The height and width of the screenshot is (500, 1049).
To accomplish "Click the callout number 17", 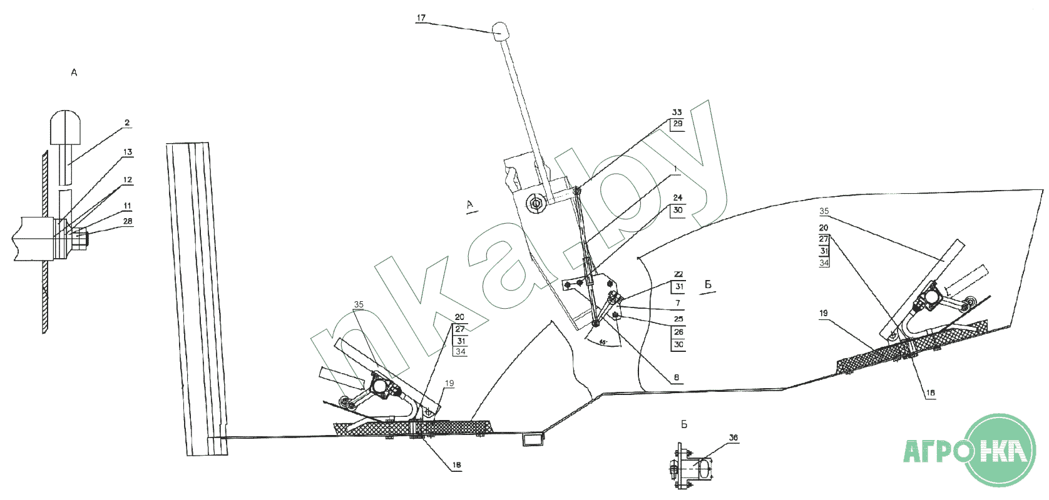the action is coord(421,18).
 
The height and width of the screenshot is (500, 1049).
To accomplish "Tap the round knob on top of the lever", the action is coord(501,31).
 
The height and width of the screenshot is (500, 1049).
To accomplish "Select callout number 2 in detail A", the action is coord(127,123).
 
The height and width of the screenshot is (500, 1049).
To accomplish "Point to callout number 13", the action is coord(128,152).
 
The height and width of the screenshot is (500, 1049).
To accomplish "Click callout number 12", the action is coord(128,180).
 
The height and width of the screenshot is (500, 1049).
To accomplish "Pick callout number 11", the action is coord(128,206).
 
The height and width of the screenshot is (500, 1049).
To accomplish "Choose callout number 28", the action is coord(128,221).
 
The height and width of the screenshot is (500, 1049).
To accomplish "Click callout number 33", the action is coord(677,112).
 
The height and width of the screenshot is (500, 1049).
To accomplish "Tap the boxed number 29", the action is coord(677,124).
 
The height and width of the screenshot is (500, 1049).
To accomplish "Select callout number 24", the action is coord(678,197).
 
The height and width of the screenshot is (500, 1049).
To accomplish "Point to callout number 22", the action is coord(678,274).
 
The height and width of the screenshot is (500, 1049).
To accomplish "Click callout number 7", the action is coord(677,303).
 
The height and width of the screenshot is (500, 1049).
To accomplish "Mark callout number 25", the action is coord(678,319).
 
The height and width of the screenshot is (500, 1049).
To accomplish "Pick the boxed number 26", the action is coord(678,332).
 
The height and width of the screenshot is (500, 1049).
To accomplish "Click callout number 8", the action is coord(677,377).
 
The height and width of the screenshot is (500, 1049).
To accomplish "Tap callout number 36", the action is coord(734,438).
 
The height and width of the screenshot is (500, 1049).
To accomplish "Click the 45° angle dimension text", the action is coord(602,342).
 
